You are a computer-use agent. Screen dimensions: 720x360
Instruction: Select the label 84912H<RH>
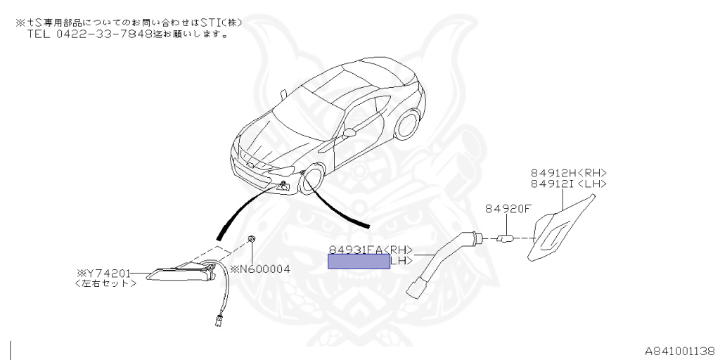tap(569, 173)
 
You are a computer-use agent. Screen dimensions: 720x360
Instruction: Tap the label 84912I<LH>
tap(569, 184)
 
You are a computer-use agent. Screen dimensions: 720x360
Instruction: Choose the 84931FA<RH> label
tap(371, 250)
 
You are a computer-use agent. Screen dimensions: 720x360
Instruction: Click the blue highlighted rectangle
tap(359, 262)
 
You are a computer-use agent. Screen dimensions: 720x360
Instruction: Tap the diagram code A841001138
tap(680, 349)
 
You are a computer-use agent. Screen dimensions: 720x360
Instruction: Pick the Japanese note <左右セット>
tap(105, 283)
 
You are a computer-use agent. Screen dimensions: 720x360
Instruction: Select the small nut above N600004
tap(251, 241)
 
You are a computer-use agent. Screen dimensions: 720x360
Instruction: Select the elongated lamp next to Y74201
tap(176, 275)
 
